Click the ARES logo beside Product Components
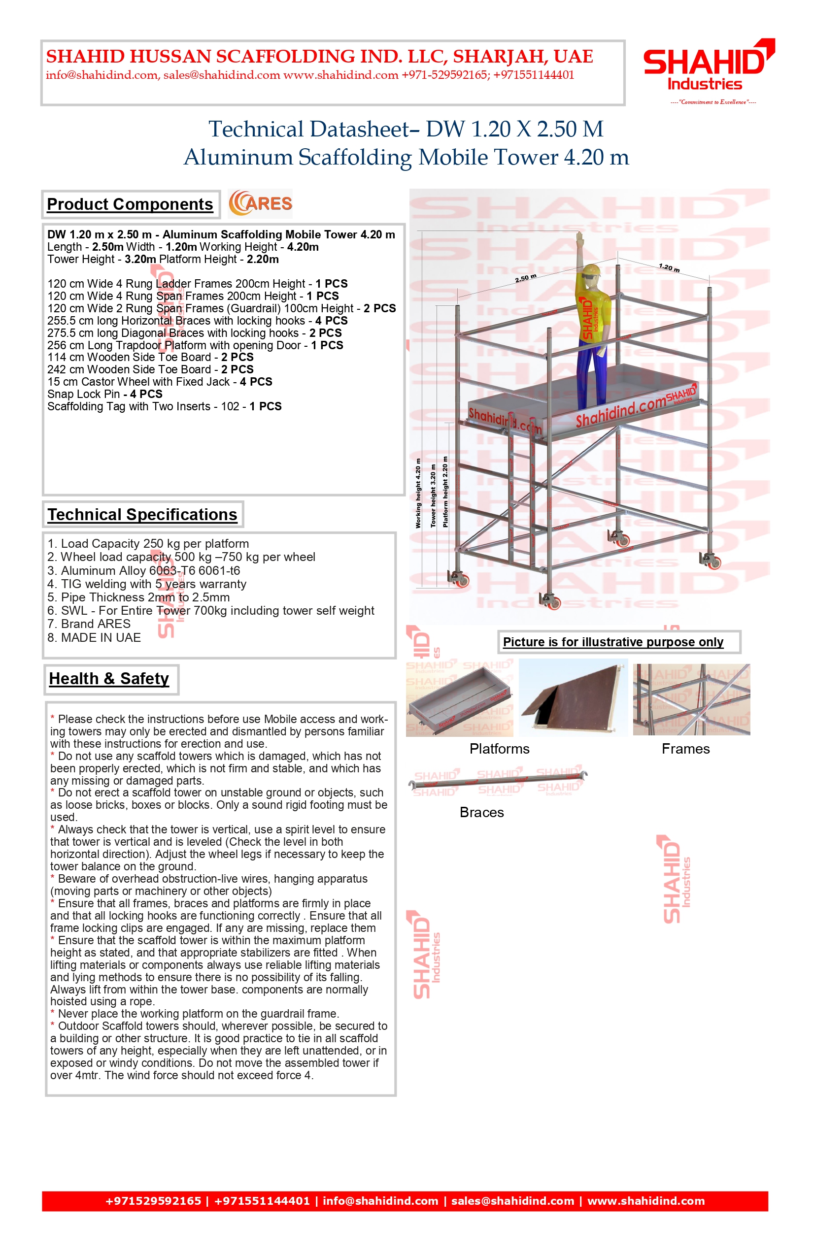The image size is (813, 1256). click(260, 204)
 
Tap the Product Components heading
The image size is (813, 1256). click(130, 204)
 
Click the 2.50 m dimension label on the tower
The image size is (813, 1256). click(525, 278)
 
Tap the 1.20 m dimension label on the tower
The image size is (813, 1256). click(669, 267)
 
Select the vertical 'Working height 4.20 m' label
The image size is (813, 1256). click(418, 493)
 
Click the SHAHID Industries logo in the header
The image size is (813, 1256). click(708, 66)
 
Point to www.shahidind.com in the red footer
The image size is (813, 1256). click(645, 1201)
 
